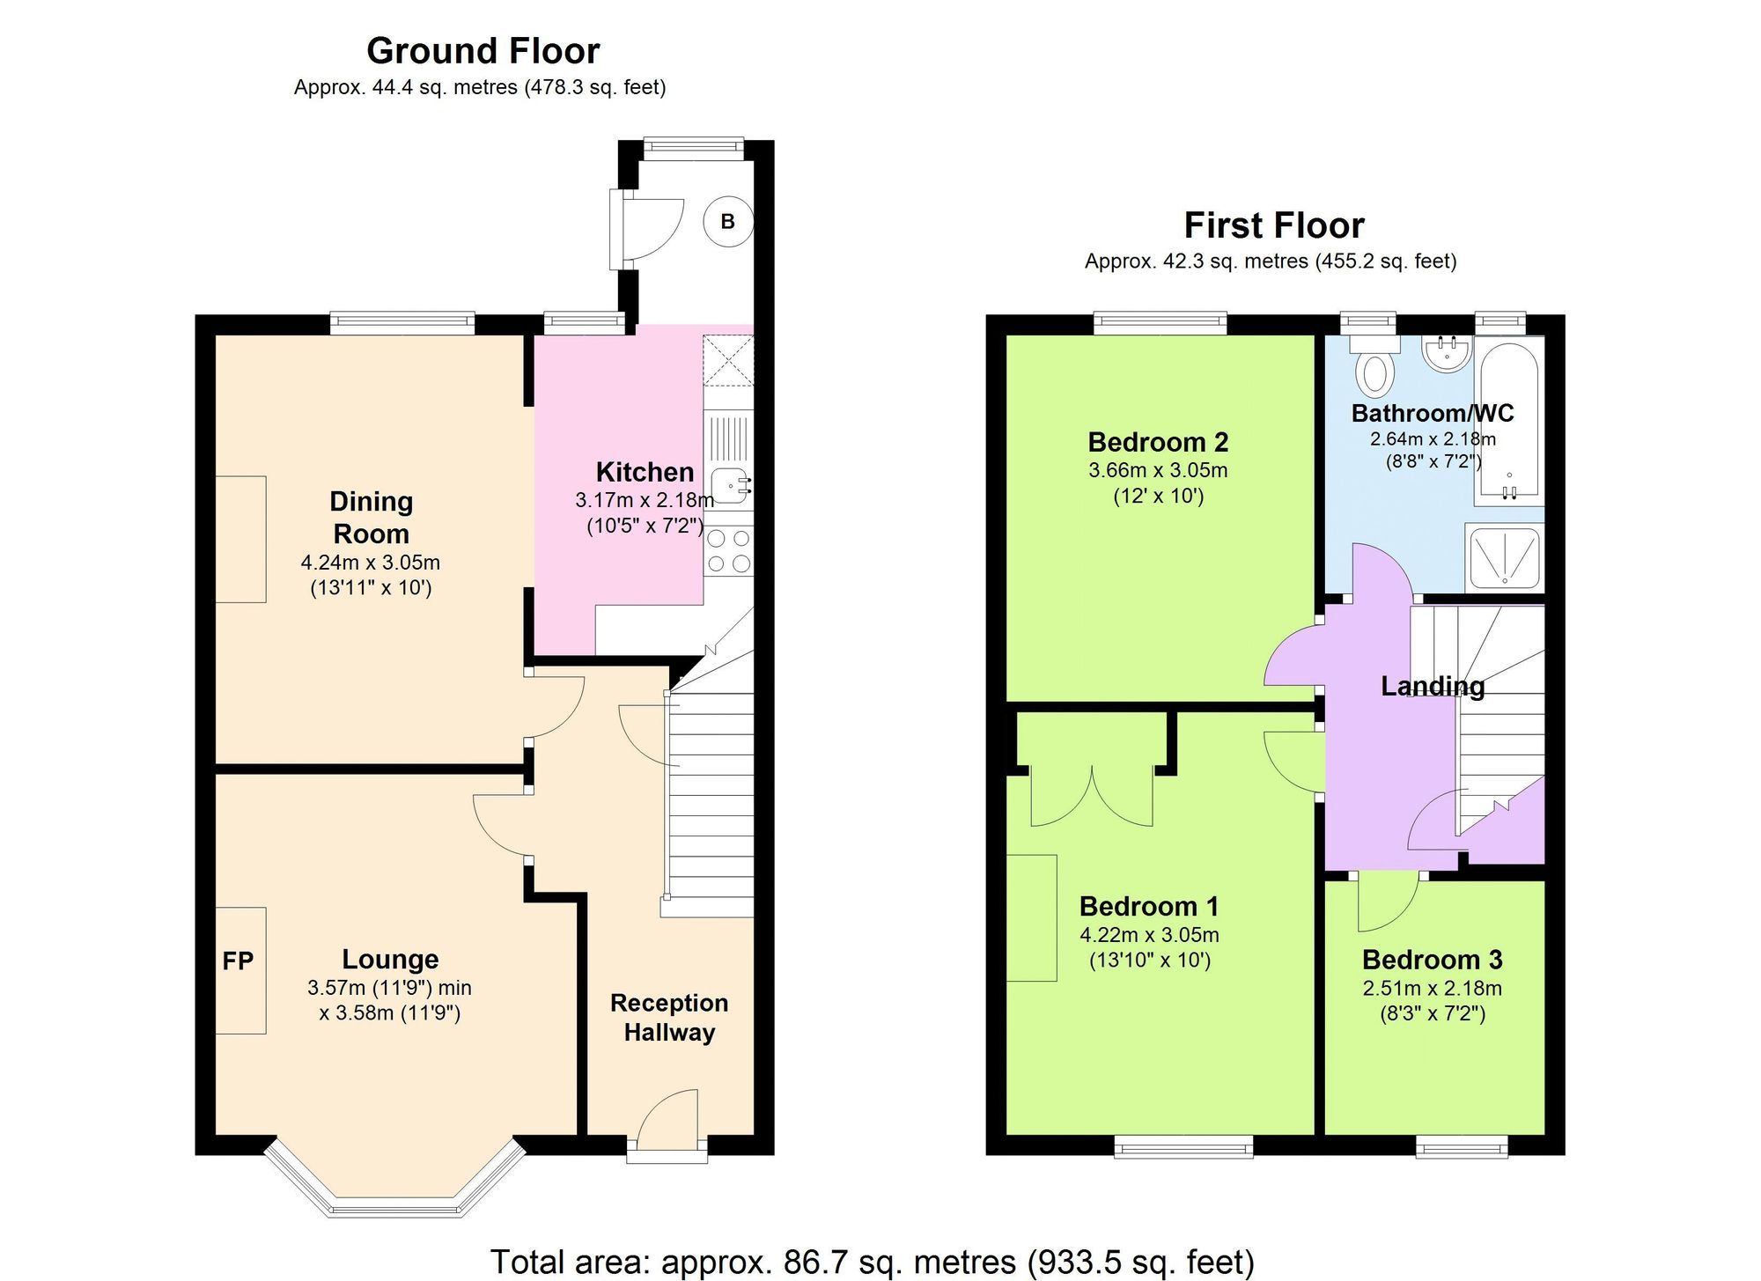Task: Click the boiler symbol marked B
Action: coord(728,221)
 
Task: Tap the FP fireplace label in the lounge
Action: coord(238,961)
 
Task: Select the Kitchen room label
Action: coord(645,472)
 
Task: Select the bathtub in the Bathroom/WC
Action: coord(1509,421)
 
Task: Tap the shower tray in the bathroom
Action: coord(1505,557)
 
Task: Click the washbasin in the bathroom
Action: coord(1447,354)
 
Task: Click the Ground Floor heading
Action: coord(483,51)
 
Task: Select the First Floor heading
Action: coord(1273,225)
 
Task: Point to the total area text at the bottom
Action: coord(872,1261)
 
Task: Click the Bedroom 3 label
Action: coord(1432,959)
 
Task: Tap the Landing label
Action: coord(1432,686)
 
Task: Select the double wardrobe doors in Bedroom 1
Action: coord(1092,797)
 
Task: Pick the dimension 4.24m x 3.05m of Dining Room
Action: coord(370,562)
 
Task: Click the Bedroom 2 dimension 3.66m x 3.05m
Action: coord(1158,470)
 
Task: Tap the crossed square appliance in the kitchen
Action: coord(728,360)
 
